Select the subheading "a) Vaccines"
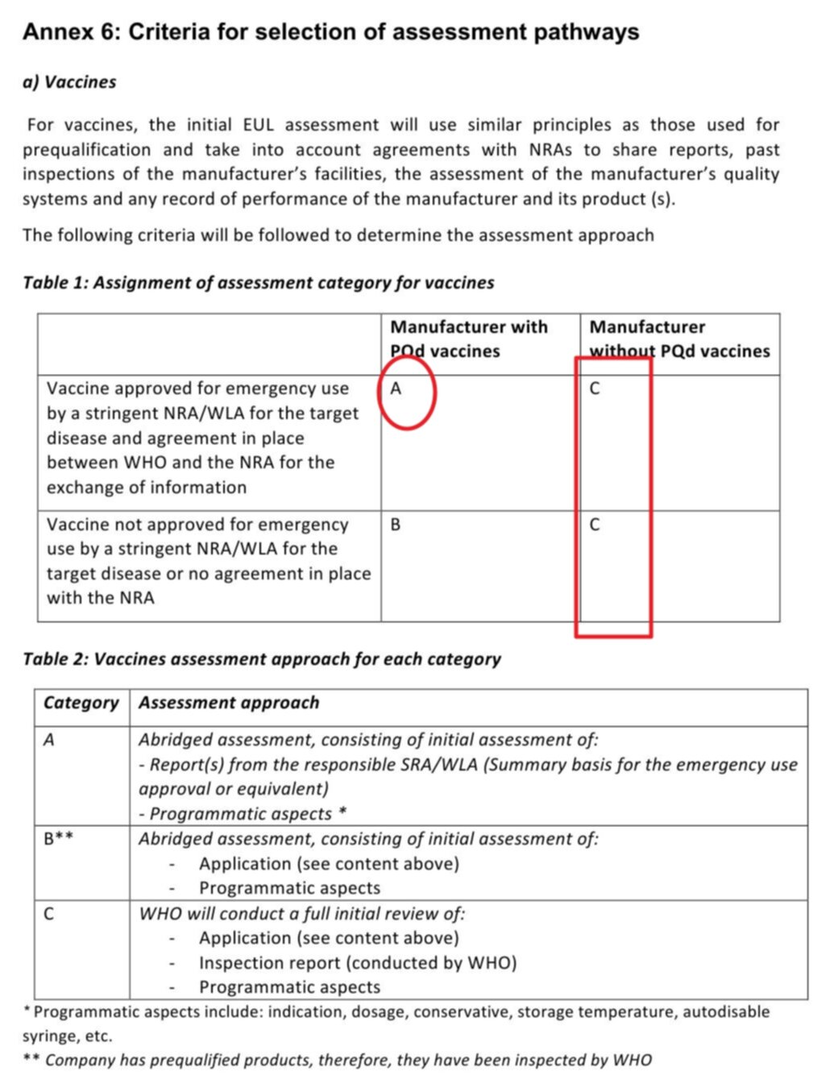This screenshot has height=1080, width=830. (69, 82)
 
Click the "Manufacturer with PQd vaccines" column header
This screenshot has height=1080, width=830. (468, 339)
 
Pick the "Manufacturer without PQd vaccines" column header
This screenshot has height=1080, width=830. (679, 339)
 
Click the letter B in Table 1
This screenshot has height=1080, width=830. (396, 525)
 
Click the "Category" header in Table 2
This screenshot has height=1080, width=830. (81, 703)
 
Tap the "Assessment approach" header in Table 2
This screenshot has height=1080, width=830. (229, 703)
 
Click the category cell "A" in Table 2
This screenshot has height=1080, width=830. (49, 740)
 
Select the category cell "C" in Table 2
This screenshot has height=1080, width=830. (49, 914)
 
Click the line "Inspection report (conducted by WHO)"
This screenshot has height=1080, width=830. (358, 963)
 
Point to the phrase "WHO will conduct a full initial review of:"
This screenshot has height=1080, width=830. (302, 914)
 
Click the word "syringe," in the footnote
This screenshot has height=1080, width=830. (51, 1036)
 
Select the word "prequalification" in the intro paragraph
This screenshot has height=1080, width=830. (86, 150)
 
